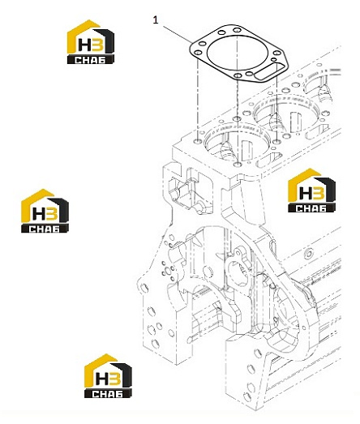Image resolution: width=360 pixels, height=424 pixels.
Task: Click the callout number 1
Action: pos(156,19)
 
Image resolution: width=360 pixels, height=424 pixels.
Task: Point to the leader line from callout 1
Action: pos(177,34)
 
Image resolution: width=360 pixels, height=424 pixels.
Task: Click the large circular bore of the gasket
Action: pos(238,53)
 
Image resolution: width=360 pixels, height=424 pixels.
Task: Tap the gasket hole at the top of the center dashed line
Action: pos(238,30)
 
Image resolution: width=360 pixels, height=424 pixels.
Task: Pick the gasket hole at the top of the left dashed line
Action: pos(198,53)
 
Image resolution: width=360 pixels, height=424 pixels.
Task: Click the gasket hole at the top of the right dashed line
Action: pos(276,53)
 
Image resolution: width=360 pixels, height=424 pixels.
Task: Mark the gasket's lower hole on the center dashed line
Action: pos(238,75)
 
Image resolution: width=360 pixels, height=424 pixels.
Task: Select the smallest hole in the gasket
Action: pos(273,59)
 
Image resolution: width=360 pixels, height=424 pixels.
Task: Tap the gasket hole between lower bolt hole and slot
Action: pos(250,74)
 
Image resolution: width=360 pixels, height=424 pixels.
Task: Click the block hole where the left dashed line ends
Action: pos(198,141)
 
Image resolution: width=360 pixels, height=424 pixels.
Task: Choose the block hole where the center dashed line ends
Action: pos(238,165)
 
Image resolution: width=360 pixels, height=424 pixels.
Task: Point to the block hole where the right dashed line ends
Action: pos(276,141)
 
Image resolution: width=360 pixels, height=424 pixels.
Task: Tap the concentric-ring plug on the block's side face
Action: pos(308,254)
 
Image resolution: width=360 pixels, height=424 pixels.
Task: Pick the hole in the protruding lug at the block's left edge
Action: pos(144,289)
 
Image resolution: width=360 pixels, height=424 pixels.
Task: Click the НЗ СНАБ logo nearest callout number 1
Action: pos(90,42)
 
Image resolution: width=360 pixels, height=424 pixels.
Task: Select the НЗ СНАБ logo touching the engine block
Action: pos(311,190)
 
